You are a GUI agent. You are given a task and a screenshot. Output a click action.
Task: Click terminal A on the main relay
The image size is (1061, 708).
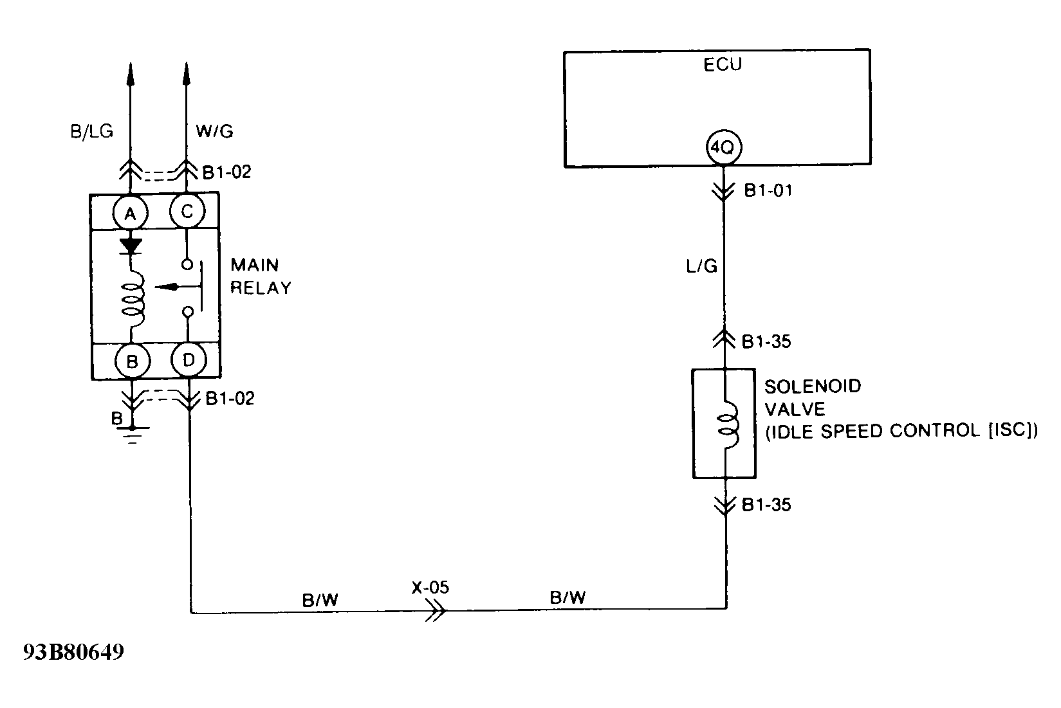(x=131, y=213)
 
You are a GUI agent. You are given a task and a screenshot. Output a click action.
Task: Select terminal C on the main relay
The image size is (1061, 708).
(x=187, y=212)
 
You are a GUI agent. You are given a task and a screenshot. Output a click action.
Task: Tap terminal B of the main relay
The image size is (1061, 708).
(x=132, y=361)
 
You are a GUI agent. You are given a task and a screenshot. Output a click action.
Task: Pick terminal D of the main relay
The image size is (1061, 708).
(x=189, y=360)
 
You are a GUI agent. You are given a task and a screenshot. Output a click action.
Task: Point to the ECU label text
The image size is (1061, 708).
(x=723, y=65)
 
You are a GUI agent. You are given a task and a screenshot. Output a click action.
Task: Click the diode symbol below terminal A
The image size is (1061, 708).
(x=131, y=246)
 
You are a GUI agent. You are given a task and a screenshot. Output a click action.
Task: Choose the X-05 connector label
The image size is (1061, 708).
(x=430, y=587)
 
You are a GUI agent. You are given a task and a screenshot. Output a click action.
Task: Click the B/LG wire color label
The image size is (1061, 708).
(x=91, y=131)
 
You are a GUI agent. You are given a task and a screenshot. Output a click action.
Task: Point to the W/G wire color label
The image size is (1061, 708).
(x=214, y=132)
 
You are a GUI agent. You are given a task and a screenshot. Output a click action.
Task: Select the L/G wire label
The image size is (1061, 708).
(x=702, y=266)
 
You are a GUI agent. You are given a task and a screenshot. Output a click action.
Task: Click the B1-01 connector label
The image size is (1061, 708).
(x=768, y=191)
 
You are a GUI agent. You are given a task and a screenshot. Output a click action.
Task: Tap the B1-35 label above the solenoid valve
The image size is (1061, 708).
(x=766, y=341)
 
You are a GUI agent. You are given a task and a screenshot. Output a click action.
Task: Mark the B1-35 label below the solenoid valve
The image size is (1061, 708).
(x=766, y=505)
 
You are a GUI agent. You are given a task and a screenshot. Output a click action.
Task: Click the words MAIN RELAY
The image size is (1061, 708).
(x=261, y=277)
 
